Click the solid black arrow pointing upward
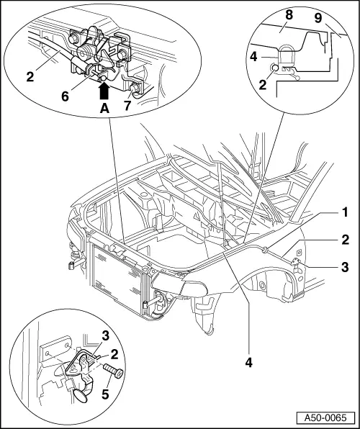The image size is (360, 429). pyautogui.click(x=104, y=89)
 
